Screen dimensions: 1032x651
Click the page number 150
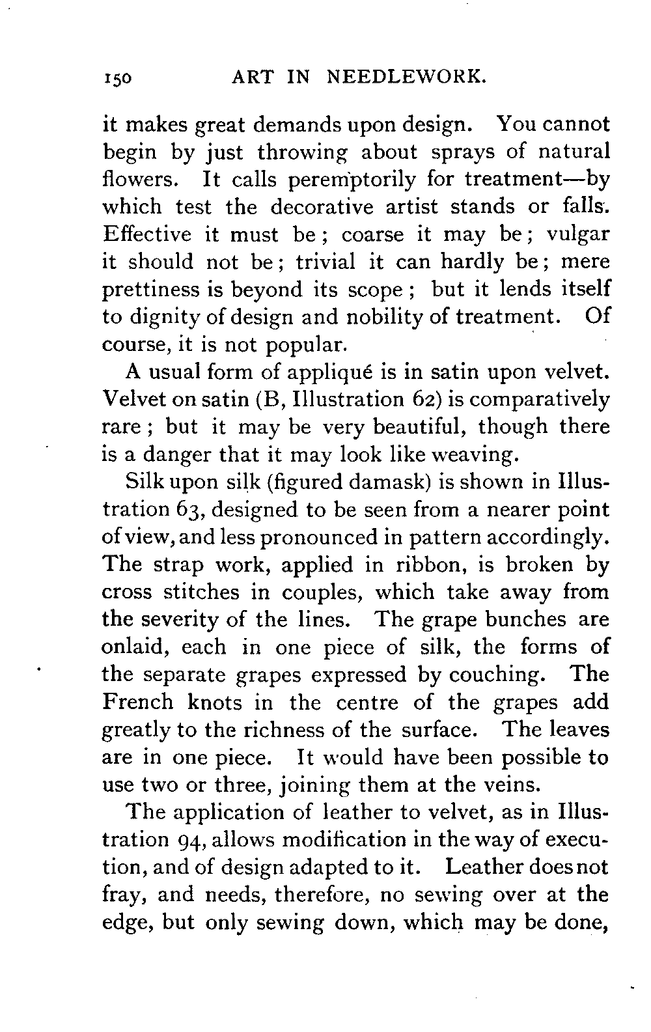[x=117, y=79]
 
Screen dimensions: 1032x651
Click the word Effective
[x=146, y=234]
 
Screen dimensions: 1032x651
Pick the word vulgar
[x=577, y=234]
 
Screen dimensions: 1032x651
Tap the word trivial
[x=325, y=261]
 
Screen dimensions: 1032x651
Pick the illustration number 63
[x=189, y=510]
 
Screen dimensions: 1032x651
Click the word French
[x=138, y=702]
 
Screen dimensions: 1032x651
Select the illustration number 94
[x=189, y=840]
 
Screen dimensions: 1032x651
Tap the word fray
[x=122, y=896]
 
